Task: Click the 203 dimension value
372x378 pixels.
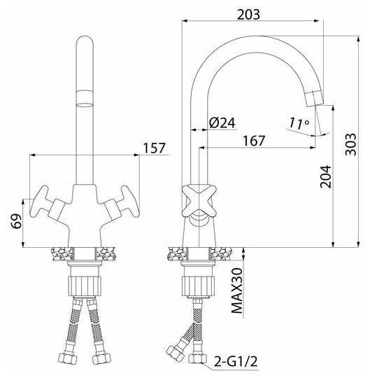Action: click(248, 15)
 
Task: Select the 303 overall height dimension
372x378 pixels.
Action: click(350, 144)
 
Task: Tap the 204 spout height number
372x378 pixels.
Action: click(325, 176)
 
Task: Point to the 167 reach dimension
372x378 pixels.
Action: click(254, 141)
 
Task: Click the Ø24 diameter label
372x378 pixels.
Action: click(222, 123)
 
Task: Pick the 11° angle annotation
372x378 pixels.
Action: click(299, 123)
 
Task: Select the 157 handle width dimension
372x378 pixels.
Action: click(155, 148)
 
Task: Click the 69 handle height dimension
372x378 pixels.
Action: click(16, 220)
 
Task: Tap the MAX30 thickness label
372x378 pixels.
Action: click(236, 291)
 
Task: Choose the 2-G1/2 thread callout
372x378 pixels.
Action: click(236, 361)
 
